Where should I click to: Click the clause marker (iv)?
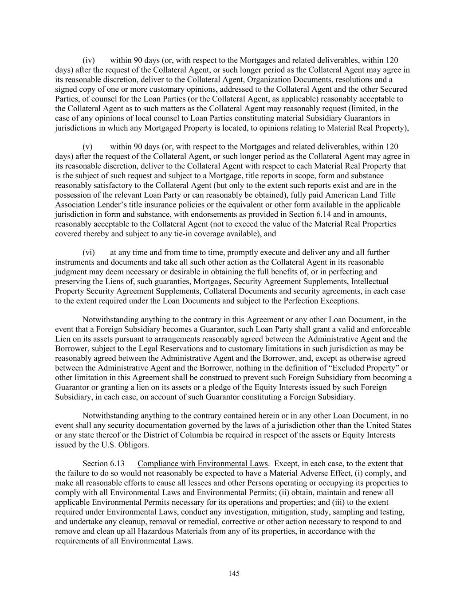point(89,60)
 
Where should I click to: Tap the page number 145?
point(234,574)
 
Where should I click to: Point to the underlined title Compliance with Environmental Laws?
point(202,464)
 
